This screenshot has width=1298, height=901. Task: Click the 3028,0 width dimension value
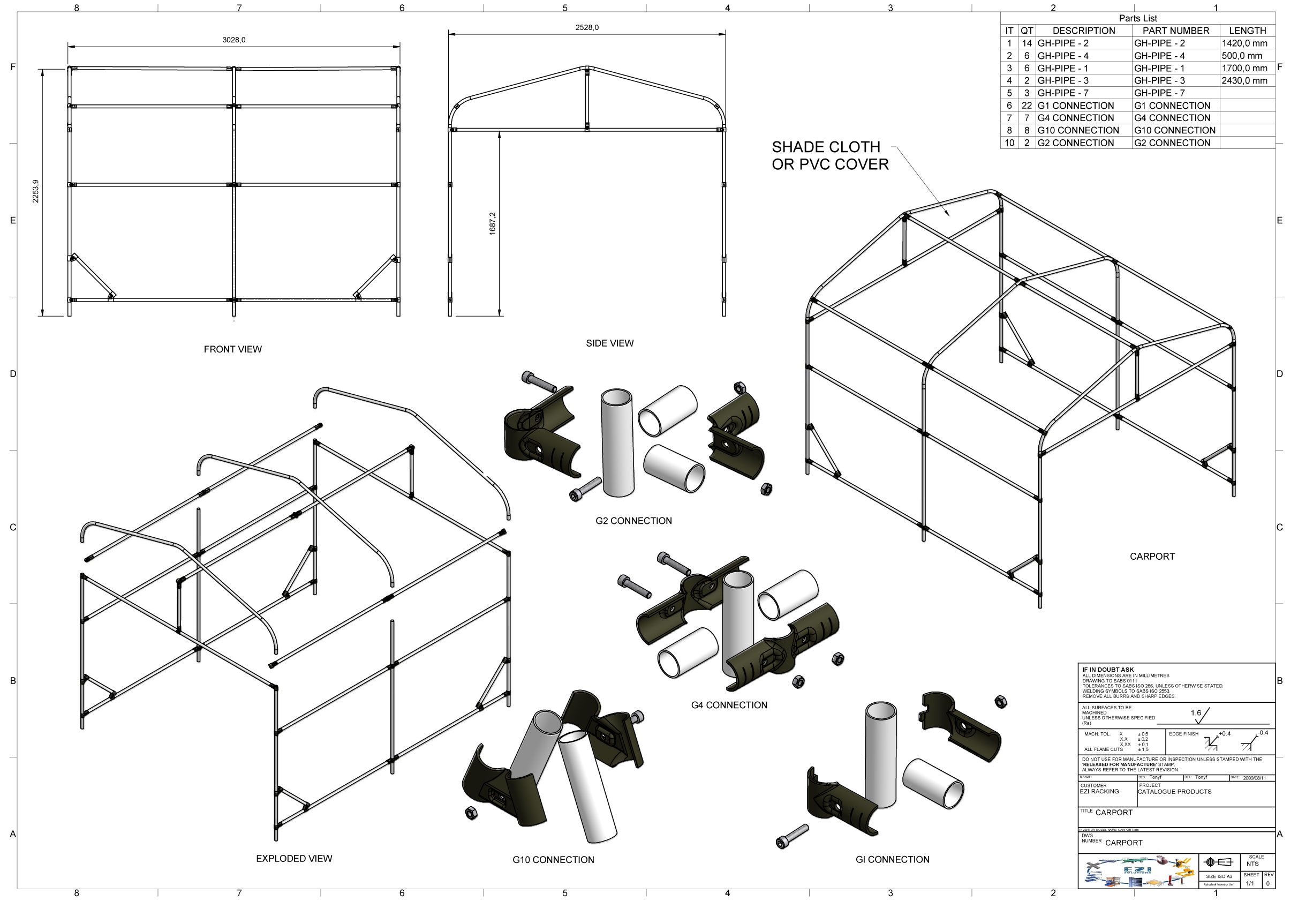233,40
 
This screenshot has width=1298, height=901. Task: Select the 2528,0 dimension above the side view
587,28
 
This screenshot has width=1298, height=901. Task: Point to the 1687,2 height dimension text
493,223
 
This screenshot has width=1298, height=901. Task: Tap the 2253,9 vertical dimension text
35,191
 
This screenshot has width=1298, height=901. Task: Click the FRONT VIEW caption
232,349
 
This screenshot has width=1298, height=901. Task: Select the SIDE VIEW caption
609,343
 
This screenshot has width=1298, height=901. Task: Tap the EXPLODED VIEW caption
294,859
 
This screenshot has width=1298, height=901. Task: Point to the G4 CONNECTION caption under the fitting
729,705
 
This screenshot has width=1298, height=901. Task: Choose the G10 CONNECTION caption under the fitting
553,860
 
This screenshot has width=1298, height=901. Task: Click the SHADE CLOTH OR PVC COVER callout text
829,156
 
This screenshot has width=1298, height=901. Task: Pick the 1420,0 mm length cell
1244,43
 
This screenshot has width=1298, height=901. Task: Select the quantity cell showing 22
1027,106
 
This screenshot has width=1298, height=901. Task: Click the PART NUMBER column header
1175,31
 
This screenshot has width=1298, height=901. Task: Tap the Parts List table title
1138,19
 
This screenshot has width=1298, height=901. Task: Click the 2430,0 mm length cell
1244,81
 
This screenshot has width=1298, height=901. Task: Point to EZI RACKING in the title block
1099,792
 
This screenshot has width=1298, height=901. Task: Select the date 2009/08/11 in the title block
1254,778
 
